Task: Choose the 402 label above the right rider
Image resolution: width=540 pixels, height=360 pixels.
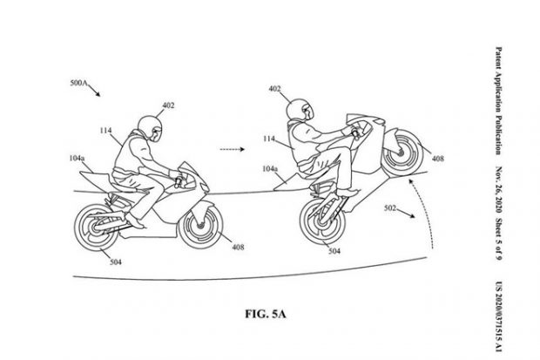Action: tap(274, 88)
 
